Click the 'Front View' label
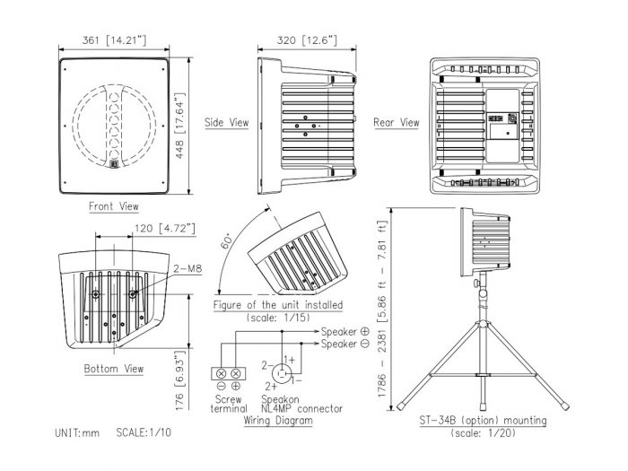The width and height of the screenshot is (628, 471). point(114,206)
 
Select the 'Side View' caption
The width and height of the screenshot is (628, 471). point(227,122)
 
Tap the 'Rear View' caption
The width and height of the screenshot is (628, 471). point(397,122)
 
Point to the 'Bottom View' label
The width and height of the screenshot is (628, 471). point(114,369)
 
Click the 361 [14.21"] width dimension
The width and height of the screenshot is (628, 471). point(114,40)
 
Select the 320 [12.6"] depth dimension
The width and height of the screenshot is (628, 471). point(307,40)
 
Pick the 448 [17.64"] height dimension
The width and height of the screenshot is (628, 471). point(179,126)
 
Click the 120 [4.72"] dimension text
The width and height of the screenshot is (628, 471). point(165,228)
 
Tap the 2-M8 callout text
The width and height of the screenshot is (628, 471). point(188,268)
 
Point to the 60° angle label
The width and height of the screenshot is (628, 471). point(227,240)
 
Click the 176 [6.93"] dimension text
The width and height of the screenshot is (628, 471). point(179,380)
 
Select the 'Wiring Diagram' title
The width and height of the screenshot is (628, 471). point(278,421)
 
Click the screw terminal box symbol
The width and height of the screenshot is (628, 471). point(228,374)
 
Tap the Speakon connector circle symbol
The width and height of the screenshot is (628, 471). point(282,374)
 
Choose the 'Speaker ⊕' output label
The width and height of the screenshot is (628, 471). point(345,332)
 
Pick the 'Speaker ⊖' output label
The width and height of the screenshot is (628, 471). point(345,344)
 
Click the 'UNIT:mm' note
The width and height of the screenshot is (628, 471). point(77,432)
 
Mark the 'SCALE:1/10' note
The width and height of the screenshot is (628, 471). point(144,432)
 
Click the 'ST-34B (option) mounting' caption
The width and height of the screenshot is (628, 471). point(483,421)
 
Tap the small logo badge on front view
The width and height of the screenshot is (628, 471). point(114,164)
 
